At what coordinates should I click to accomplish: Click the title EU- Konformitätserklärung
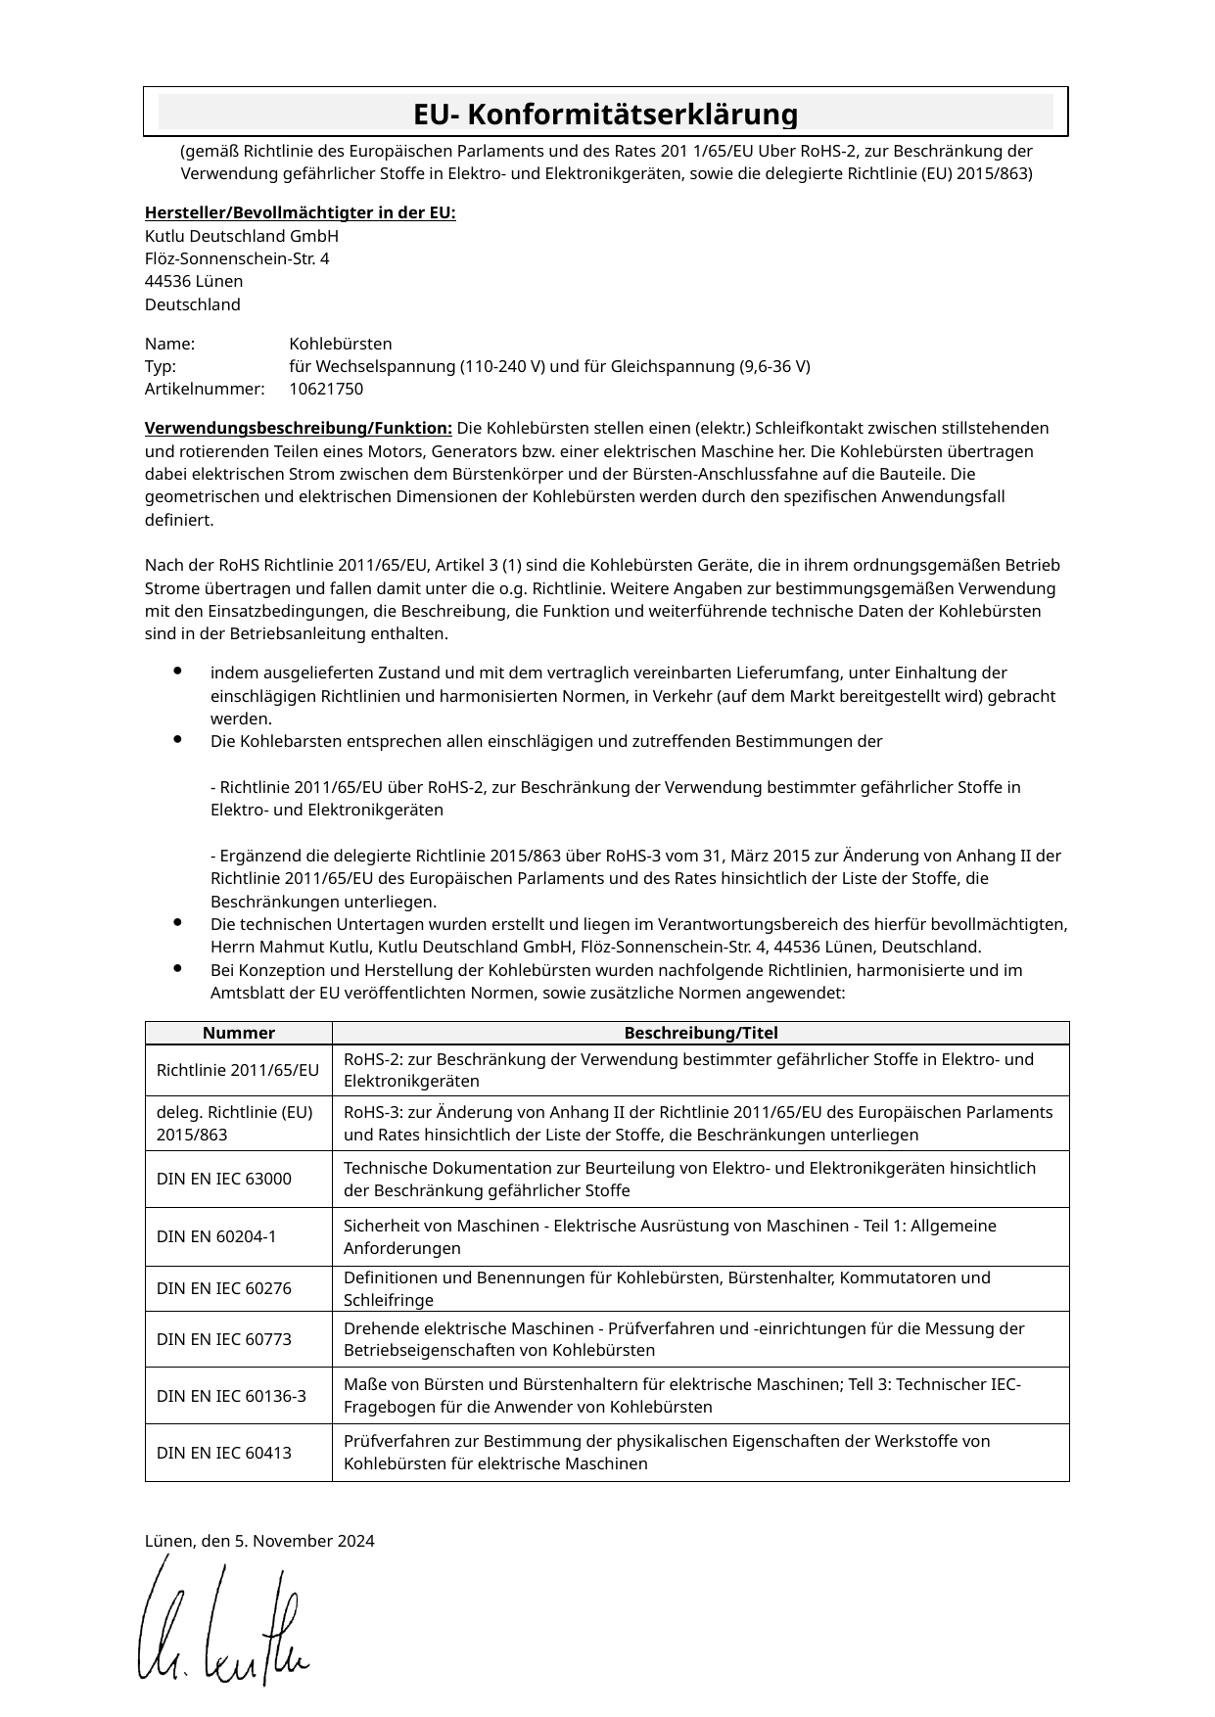605,115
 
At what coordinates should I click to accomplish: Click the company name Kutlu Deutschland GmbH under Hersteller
242,237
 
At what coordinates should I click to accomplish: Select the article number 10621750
326,390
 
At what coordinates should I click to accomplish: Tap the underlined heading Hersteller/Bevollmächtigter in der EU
300,213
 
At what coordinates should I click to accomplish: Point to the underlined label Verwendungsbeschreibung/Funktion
298,429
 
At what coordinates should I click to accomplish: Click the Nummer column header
239,1033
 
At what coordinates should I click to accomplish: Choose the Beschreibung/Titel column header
700,1033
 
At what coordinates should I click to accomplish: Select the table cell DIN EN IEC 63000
224,1180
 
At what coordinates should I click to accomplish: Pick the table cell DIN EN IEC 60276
224,1289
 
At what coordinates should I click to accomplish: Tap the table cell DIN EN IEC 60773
224,1339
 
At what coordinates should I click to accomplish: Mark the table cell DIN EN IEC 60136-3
231,1396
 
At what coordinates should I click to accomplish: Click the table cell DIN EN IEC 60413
224,1453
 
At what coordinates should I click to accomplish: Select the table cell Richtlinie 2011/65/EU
238,1071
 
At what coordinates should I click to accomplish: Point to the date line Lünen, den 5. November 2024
259,1542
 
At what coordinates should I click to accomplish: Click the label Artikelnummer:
205,390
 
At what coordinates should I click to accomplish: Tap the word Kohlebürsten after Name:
341,345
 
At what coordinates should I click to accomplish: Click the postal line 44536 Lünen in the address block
194,282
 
